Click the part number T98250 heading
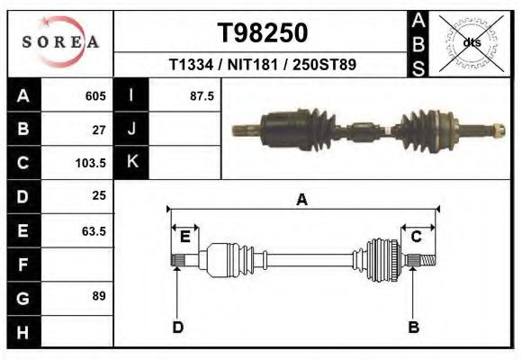pos(263,32)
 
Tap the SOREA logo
pos(60,42)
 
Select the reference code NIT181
pos(252,64)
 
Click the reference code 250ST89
pos(324,64)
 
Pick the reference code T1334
pos(191,64)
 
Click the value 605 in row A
pos(95,96)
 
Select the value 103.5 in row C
pos(91,163)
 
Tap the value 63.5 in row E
pos(94,230)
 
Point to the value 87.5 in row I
pos(202,96)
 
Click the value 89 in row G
pos(99,296)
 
